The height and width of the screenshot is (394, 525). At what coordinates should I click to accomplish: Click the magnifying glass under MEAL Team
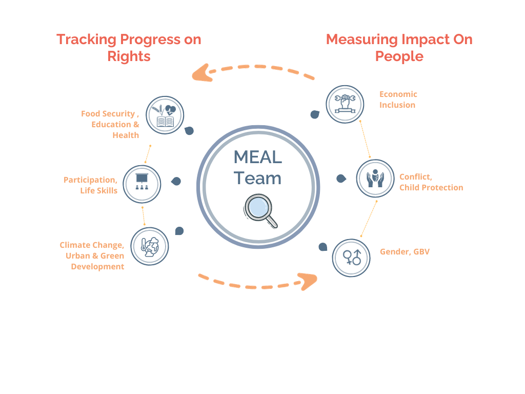[x=259, y=210]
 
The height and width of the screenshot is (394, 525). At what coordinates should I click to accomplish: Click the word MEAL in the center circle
[x=257, y=156]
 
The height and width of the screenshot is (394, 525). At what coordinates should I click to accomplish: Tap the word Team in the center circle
[x=257, y=178]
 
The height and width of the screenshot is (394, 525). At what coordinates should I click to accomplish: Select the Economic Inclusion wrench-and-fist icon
[x=345, y=104]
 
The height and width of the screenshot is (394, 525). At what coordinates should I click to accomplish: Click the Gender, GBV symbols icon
[x=352, y=257]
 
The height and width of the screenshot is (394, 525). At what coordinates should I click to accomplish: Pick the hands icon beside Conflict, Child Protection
[x=375, y=179]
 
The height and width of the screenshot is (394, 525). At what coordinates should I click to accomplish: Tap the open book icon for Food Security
[x=165, y=115]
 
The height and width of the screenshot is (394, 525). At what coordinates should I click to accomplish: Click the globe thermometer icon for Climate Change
[x=150, y=246]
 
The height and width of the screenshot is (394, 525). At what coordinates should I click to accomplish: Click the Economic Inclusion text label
[x=398, y=100]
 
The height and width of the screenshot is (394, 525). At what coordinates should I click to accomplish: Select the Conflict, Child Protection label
[x=431, y=182]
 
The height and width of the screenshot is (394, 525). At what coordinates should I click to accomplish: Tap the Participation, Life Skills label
[x=91, y=185]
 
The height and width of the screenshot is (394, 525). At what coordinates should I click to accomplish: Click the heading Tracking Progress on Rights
[x=129, y=47]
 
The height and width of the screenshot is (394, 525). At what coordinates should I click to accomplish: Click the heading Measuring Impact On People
[x=399, y=47]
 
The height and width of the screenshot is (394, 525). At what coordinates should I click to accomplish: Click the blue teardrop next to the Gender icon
[x=322, y=247]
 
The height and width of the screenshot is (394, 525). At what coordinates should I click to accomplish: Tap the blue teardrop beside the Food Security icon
[x=189, y=131]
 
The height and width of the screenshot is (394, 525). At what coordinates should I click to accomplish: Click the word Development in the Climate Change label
[x=97, y=266]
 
